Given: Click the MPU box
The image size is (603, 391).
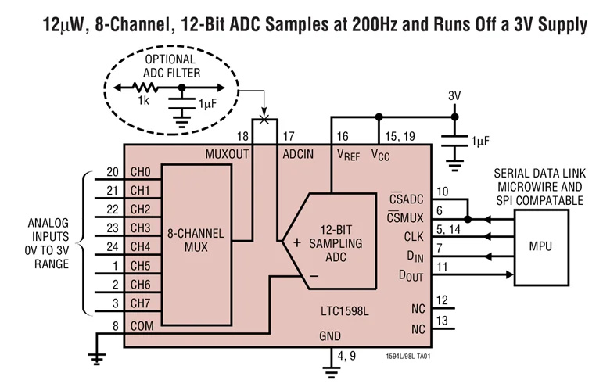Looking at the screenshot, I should [540, 246].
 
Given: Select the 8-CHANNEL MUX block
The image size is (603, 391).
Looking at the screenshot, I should [196, 240].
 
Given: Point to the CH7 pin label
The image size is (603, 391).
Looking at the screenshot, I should [141, 303].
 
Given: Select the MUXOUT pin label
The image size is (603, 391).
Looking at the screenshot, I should [227, 154].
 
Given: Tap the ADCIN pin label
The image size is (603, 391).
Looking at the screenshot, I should [298, 154].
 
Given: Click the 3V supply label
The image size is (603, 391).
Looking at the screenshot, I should [455, 95].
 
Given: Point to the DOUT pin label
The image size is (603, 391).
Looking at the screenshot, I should [411, 275].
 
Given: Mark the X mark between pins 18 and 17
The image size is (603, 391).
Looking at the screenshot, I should [264, 120].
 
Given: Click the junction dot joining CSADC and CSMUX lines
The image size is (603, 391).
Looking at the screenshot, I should [467, 219].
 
